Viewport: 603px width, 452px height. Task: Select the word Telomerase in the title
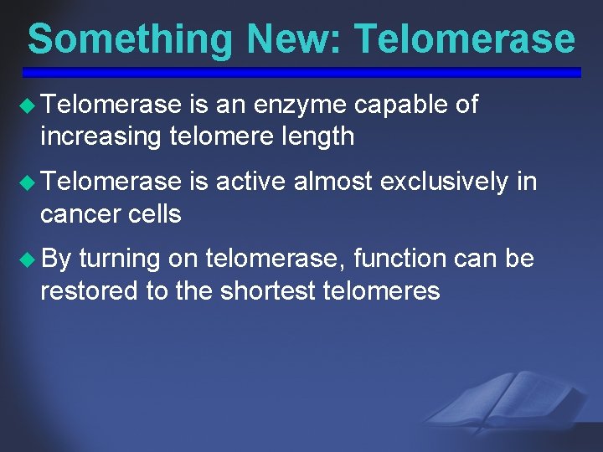(465, 39)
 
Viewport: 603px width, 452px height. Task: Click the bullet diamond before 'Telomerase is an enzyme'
(29, 105)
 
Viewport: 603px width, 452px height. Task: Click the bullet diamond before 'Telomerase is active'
(29, 182)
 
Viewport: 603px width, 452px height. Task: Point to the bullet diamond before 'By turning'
(29, 259)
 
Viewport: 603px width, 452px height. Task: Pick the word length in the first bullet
(316, 136)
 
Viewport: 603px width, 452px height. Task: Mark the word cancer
(79, 213)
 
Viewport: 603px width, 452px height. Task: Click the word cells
(152, 213)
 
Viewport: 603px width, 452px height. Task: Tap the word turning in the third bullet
(120, 259)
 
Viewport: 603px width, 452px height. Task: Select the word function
(399, 259)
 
